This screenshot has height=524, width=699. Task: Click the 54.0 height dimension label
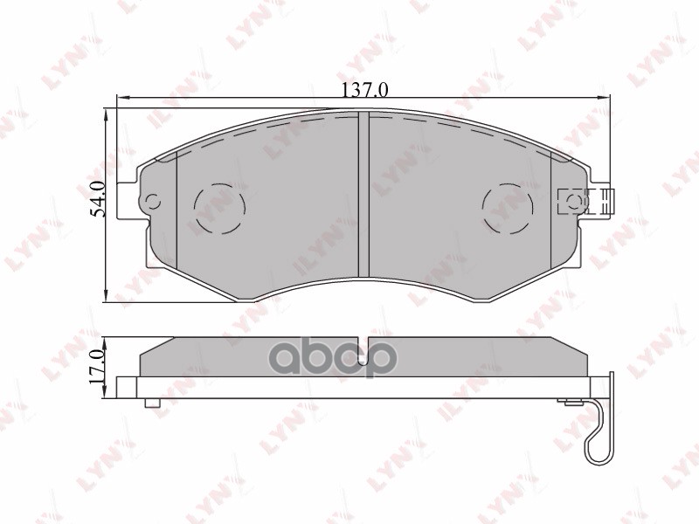99,199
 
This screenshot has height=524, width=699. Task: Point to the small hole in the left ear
154,202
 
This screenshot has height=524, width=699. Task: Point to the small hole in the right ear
574,203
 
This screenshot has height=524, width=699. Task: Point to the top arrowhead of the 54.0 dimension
107,112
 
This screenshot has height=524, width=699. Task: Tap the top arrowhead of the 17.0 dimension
107,339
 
